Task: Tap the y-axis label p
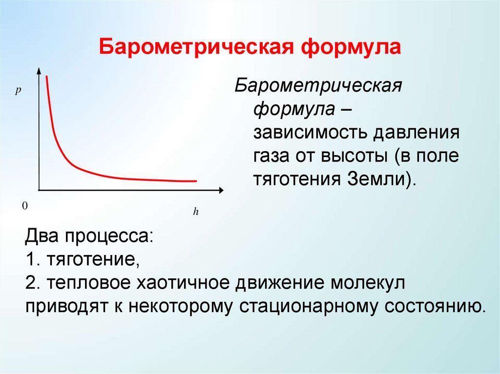click(17, 91)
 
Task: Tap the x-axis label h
click(195, 212)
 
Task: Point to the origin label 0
click(23, 206)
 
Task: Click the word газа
click(273, 157)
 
